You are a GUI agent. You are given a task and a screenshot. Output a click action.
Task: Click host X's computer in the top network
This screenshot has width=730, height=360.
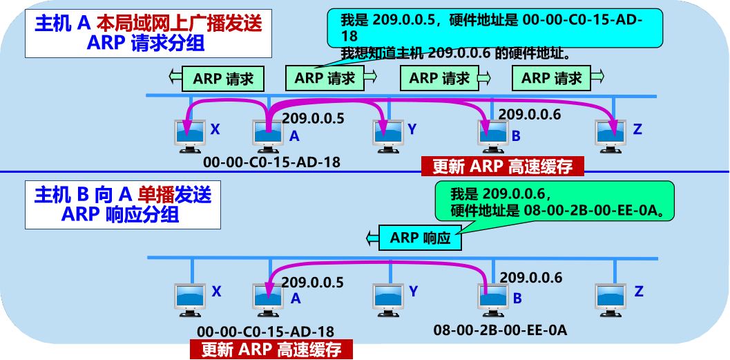click(189, 134)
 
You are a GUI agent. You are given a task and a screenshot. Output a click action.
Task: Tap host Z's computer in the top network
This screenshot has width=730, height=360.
click(611, 134)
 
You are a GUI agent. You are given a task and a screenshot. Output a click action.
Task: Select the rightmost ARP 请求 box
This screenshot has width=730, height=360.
click(552, 79)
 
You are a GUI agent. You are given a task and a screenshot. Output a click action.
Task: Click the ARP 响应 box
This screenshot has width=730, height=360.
click(421, 238)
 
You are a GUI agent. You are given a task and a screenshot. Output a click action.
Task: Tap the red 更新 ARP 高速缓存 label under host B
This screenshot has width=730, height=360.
click(502, 167)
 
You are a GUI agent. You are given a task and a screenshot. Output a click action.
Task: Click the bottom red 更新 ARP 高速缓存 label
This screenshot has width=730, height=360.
click(271, 349)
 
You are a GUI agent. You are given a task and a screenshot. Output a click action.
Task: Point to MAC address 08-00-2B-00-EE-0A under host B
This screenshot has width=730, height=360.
click(500, 330)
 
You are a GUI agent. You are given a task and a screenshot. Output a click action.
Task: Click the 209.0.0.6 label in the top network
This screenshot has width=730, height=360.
click(530, 115)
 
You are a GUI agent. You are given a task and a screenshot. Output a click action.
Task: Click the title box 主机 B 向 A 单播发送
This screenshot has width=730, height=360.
click(123, 205)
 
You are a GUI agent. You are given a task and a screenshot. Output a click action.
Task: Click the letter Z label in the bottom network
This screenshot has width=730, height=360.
click(638, 292)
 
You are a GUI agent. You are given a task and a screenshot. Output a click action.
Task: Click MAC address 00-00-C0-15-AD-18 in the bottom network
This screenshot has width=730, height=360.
click(265, 332)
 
